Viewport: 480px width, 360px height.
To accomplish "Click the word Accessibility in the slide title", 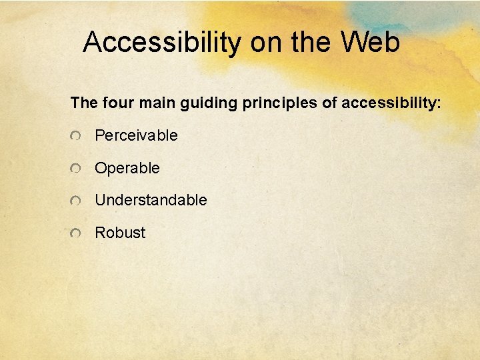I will coord(162,43).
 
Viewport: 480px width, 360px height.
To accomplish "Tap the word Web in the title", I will coord(370,43).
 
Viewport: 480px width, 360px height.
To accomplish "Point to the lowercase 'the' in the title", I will coord(311,43).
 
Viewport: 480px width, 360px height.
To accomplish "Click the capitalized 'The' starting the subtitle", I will coord(84,103).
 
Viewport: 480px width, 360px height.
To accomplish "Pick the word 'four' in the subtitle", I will coord(116,103).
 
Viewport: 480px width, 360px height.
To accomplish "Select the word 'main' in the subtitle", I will coord(153,103).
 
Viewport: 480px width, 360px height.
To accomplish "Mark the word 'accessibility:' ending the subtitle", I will coord(390,104).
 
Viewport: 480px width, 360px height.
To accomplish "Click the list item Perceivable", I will coord(136,136).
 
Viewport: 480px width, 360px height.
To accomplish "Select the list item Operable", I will coord(127,169).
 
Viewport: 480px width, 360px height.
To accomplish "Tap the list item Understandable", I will coord(151,200).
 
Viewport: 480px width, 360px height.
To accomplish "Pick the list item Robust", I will coord(120,233).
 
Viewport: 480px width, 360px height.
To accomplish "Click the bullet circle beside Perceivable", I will coord(77,137).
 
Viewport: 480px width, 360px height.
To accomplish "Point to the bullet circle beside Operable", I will coord(77,169).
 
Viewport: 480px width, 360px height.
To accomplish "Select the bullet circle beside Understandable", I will coord(77,201).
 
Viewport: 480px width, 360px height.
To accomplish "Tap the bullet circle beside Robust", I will coord(77,233).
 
